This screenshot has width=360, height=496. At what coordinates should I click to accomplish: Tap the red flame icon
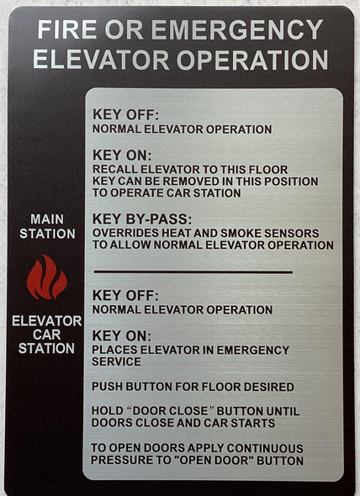tap(46, 278)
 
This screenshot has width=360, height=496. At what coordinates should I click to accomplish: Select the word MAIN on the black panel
tap(47, 219)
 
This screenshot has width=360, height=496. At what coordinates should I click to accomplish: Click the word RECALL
tap(115, 169)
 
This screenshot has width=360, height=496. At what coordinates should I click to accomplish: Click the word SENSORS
tap(285, 233)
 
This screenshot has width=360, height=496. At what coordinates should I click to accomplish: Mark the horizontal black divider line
tap(193, 272)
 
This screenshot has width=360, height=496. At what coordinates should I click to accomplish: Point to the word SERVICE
tap(117, 361)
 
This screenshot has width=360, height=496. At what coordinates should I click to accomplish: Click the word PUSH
tap(108, 387)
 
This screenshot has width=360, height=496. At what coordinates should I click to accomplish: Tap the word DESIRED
tap(267, 387)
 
